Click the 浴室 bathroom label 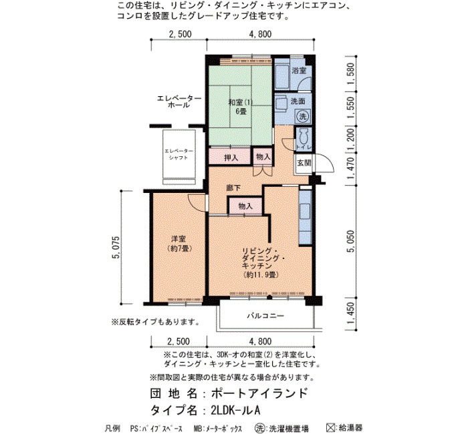299,71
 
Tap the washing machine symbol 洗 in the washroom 303,116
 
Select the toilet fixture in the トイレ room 304,136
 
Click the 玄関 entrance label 304,163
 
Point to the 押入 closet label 231,158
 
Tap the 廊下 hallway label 233,188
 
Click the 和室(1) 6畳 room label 240,107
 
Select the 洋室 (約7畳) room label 179,244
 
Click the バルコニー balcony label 265,315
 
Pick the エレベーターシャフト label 179,154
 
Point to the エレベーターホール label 179,101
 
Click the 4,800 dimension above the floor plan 260,34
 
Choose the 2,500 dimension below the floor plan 179,341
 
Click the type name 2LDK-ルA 235,411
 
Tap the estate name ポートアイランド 259,393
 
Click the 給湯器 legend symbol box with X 330,428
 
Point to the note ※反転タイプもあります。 156,322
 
